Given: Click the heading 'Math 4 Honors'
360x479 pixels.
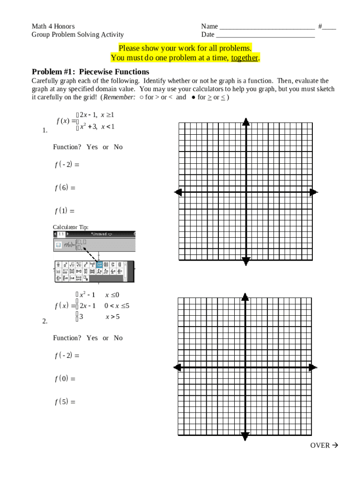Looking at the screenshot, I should tap(53, 26).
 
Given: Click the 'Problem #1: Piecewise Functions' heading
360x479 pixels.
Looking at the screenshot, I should tap(90, 72).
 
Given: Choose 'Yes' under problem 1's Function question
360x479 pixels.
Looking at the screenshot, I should tap(92, 147).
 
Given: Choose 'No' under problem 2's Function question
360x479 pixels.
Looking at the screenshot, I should tap(118, 338).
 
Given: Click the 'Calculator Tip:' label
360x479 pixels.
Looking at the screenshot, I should tap(71, 227).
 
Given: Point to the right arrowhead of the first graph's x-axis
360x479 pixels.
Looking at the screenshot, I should tap(314, 192).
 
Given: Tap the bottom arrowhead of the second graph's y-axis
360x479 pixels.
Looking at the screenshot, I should tap(245, 436).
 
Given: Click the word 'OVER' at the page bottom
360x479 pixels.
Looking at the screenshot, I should tap(320, 445).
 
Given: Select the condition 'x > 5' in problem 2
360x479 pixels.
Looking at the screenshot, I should tap(112, 317).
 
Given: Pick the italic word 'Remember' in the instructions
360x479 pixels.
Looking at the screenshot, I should tap(120, 97).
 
